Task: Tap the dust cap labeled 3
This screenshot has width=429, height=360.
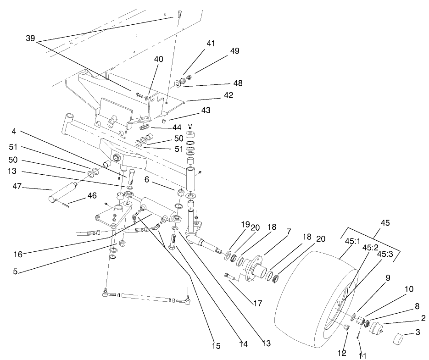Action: pos(401,340)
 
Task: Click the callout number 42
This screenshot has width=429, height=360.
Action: pos(228,95)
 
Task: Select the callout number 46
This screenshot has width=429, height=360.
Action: pos(92,195)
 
